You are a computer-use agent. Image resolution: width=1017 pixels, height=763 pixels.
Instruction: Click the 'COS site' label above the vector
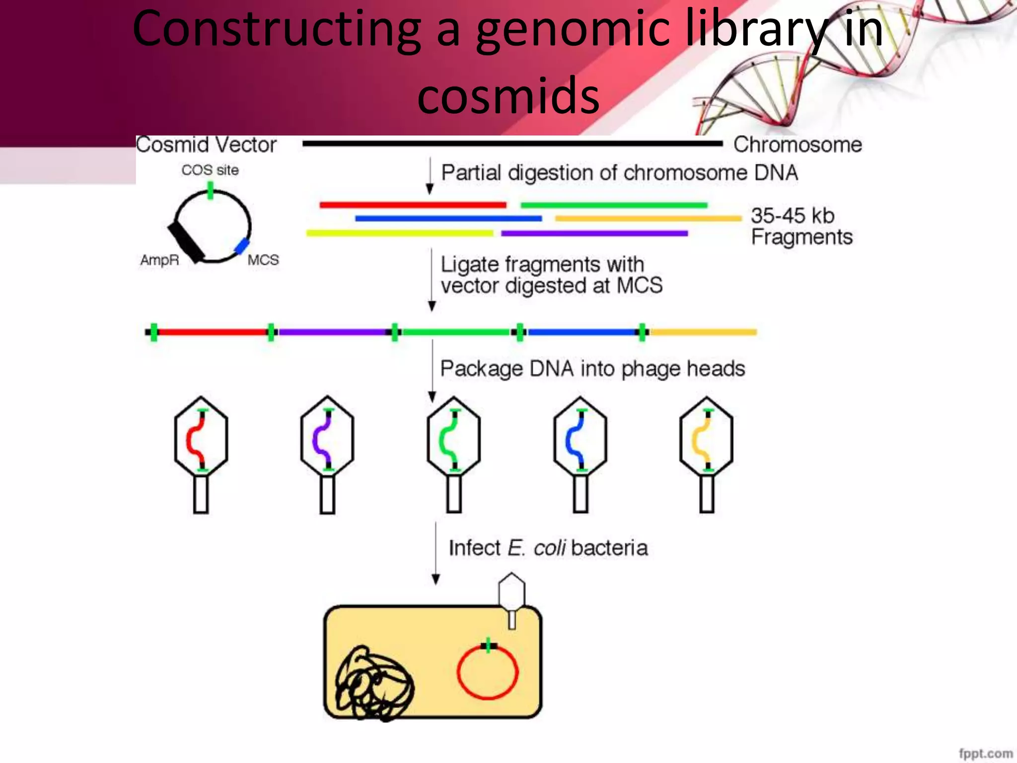[210, 170]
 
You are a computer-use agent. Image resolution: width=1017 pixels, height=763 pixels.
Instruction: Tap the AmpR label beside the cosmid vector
[159, 260]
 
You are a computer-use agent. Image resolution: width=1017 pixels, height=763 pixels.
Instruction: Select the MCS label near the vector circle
[263, 260]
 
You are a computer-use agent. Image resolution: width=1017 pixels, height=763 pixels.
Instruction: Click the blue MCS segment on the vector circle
[241, 246]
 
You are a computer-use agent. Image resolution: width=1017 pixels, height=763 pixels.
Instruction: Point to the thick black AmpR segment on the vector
[186, 242]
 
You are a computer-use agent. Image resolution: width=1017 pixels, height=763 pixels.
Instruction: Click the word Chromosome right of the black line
[798, 145]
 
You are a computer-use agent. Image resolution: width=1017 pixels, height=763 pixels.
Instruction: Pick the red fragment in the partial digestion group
[413, 205]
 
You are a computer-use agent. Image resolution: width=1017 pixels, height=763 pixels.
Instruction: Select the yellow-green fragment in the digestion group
[400, 233]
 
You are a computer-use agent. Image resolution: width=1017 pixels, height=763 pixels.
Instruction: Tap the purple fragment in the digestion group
[594, 233]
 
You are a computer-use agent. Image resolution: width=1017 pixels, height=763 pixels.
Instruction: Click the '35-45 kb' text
[793, 216]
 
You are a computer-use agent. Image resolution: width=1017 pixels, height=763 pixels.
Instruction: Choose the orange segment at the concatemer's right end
[703, 332]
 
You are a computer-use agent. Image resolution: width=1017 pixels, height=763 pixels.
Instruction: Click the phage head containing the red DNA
[201, 437]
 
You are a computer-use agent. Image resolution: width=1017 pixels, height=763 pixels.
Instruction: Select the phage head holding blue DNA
[581, 437]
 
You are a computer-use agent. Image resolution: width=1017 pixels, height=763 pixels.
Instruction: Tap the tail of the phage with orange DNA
[707, 494]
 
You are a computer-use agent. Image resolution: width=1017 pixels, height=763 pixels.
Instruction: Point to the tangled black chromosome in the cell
[373, 683]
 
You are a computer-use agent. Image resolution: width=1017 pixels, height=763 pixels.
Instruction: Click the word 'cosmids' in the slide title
[508, 95]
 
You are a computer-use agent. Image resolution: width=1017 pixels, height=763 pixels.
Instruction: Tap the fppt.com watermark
[985, 753]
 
